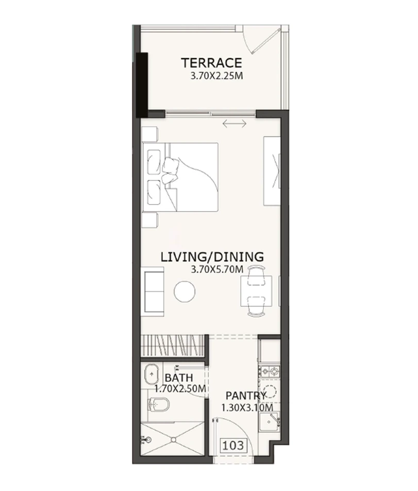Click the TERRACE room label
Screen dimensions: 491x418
[x=211, y=63]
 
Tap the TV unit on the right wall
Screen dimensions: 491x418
[x=272, y=172]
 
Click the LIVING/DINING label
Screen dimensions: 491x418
[x=212, y=256]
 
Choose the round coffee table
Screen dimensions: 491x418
[x=185, y=292]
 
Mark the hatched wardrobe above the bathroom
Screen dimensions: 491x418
[x=173, y=344]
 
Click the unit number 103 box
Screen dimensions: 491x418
[x=233, y=444]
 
